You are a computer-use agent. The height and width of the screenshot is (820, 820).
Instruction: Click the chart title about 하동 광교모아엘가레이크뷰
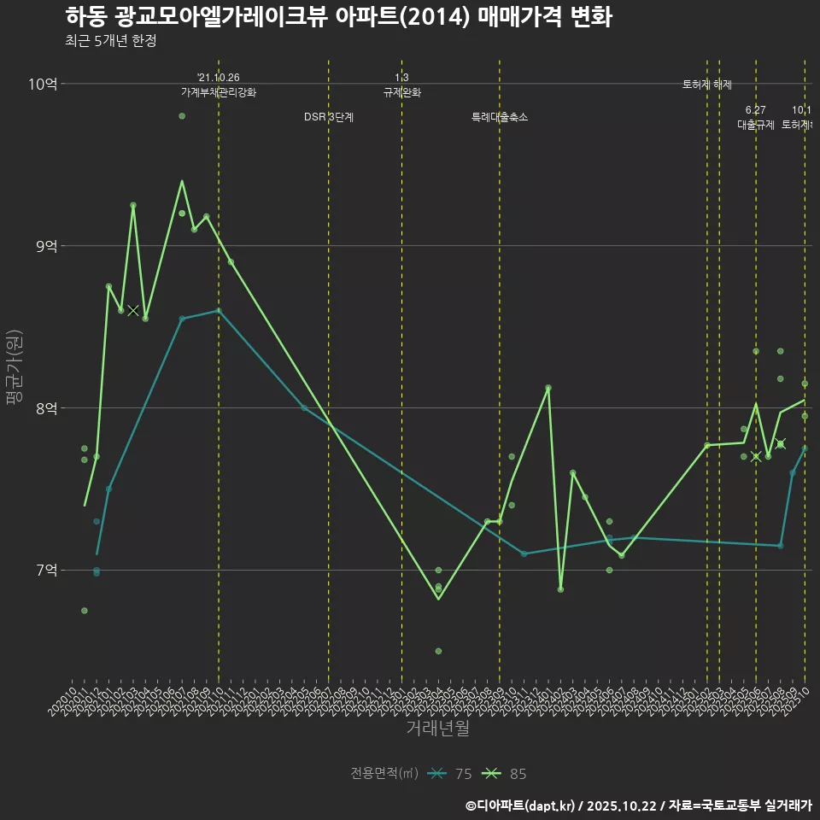click(337, 17)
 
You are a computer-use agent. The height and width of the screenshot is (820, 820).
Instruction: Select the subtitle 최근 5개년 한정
click(110, 41)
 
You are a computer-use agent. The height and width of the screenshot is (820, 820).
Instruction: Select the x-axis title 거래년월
click(437, 729)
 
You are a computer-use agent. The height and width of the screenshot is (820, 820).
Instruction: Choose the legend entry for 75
click(451, 774)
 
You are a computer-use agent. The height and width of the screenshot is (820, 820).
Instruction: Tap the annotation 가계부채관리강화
click(218, 92)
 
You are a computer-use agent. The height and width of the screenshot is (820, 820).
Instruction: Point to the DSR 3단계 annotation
click(329, 117)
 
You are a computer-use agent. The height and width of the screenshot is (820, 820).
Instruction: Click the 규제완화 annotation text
click(401, 92)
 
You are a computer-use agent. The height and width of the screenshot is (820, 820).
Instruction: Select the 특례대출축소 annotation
click(500, 117)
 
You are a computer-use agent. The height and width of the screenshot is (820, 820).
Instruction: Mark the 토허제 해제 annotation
click(707, 85)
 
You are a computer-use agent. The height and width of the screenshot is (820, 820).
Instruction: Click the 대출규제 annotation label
click(756, 125)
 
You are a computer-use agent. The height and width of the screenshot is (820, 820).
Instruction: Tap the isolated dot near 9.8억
click(182, 116)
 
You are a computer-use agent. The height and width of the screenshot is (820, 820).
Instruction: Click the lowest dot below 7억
click(438, 651)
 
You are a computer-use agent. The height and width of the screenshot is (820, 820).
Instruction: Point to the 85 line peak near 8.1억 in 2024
click(548, 388)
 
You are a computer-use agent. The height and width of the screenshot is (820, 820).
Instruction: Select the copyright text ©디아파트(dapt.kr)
click(521, 805)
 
